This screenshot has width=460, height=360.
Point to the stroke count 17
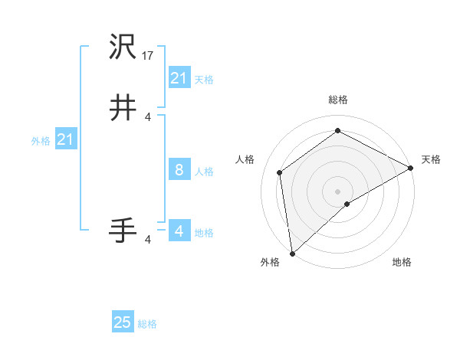tap(149, 55)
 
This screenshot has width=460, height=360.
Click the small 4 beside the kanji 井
tap(148, 116)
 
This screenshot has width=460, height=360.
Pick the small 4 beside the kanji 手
tap(148, 240)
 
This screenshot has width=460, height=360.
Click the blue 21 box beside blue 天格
tap(179, 77)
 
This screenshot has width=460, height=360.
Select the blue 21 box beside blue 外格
tap(66, 139)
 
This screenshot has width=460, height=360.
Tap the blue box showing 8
tap(179, 170)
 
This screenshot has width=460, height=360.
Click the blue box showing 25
tap(123, 322)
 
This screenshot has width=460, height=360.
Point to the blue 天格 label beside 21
tap(204, 80)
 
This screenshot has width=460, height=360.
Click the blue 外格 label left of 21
tap(41, 141)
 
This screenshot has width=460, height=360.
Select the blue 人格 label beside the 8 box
tap(204, 172)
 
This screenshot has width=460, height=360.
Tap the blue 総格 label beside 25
tap(148, 324)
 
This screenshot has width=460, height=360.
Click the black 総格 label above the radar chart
tap(337, 100)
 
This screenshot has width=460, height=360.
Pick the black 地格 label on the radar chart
tap(402, 262)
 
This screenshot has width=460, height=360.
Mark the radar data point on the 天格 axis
tap(410, 168)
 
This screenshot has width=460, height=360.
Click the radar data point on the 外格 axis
tap(292, 254)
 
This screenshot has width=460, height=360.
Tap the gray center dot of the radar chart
tap(337, 191)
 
